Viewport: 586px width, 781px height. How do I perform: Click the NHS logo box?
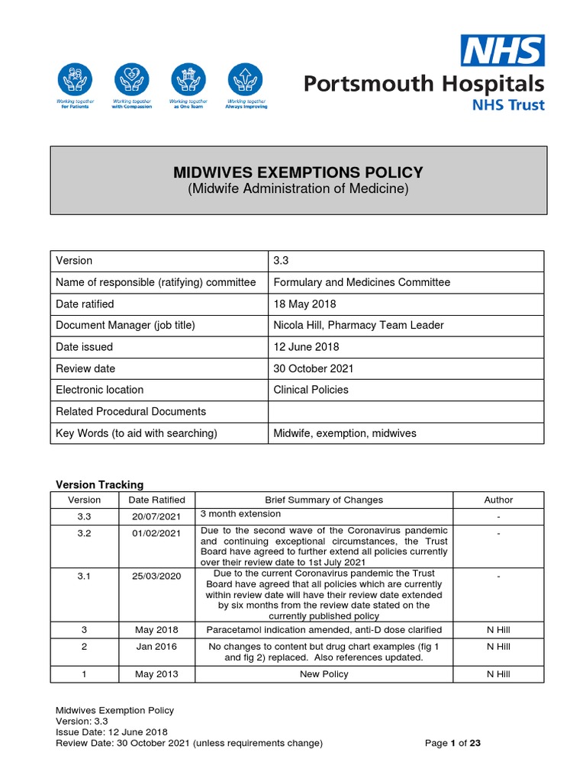[501, 50]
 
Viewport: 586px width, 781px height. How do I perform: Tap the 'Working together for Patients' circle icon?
[75, 79]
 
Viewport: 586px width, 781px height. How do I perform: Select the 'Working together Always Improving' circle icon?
[245, 79]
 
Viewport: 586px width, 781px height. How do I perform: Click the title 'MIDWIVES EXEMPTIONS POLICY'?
[298, 172]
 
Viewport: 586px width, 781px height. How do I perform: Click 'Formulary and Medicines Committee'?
[362, 282]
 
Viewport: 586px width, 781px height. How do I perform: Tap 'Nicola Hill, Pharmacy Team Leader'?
[359, 325]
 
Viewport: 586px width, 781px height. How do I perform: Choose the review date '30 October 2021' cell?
[314, 368]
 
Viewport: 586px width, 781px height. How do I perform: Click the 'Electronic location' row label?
[100, 390]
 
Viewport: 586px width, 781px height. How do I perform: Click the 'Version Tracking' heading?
[100, 484]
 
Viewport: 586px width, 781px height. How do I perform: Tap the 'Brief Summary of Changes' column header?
[324, 500]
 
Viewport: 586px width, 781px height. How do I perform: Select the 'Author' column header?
[498, 500]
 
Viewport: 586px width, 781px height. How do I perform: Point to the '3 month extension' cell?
[240, 514]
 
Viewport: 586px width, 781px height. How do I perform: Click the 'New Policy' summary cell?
[324, 674]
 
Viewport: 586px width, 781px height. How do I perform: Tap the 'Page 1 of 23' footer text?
[452, 744]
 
